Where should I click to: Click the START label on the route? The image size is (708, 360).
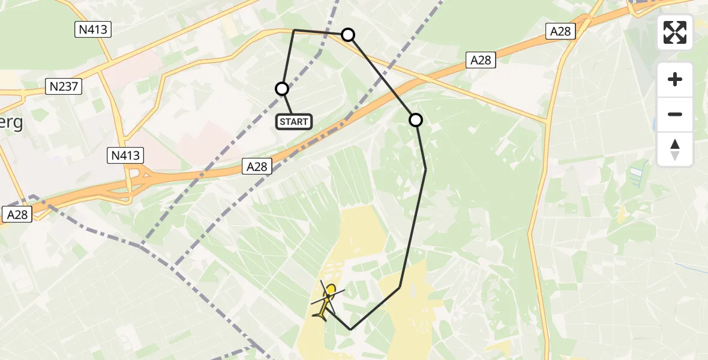click(294, 122)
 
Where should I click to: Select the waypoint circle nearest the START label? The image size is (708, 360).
click(282, 89)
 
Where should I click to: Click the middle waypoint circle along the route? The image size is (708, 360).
click(348, 35)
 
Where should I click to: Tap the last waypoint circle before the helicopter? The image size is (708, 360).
click(416, 120)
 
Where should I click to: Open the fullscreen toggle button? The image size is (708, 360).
click(675, 32)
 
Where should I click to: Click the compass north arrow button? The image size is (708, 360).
click(675, 149)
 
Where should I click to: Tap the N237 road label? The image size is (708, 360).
click(64, 87)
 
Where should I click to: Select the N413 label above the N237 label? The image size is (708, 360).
click(93, 29)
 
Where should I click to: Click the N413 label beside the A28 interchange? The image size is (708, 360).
click(125, 156)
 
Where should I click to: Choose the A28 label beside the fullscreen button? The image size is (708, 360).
click(560, 31)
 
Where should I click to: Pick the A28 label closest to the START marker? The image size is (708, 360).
click(257, 167)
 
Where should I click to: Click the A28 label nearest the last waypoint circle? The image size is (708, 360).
click(481, 59)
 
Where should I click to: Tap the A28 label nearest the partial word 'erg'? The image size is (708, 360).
click(17, 214)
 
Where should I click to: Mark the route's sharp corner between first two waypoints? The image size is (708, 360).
click(294, 29)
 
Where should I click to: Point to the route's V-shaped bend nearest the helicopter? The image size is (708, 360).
click(350, 329)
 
